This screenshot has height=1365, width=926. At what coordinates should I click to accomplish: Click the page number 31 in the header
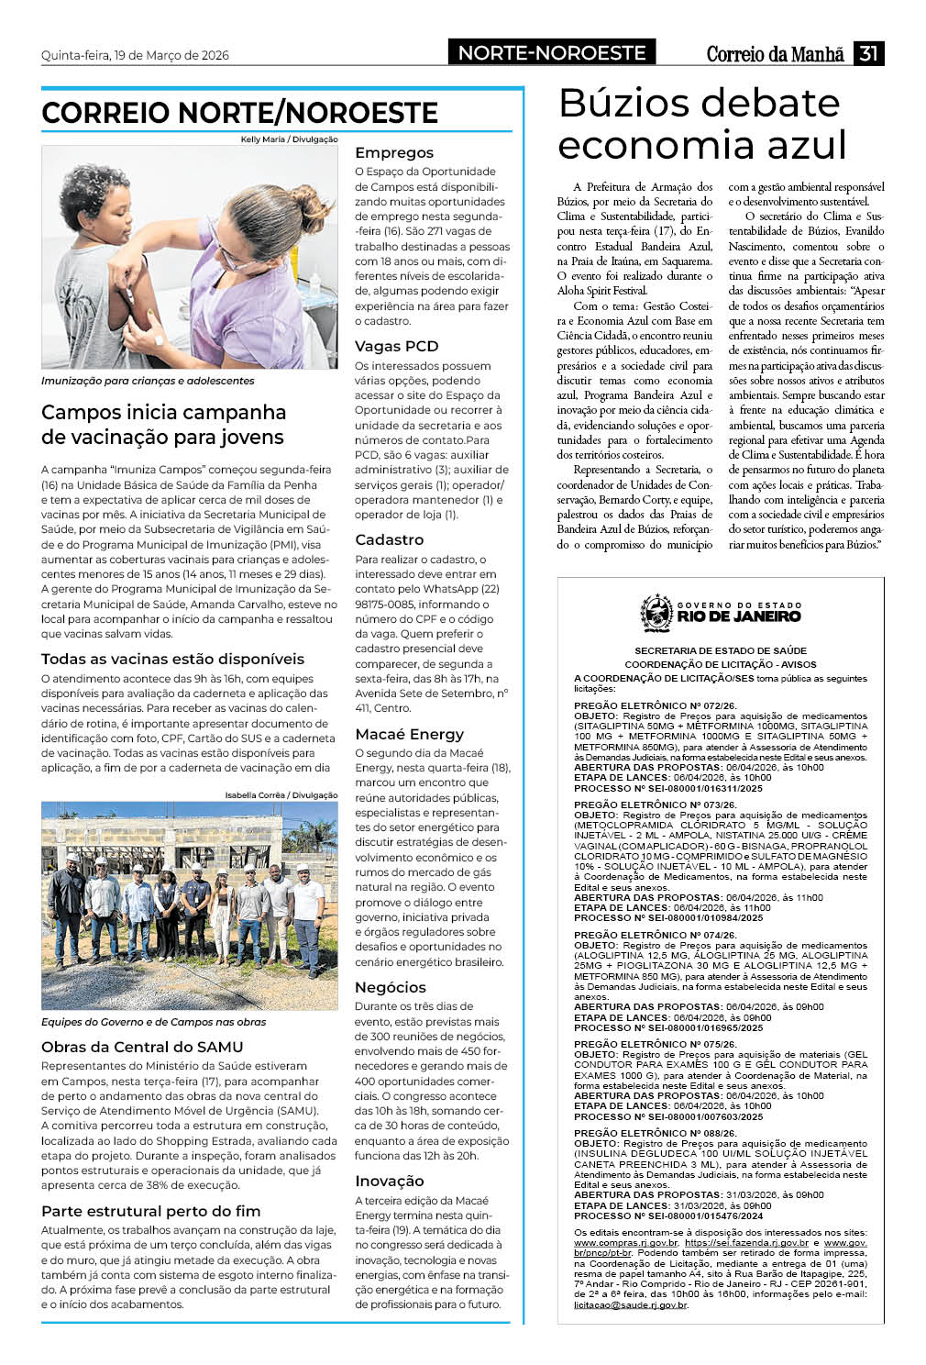point(868,54)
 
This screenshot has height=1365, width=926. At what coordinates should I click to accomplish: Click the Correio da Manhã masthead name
point(775,55)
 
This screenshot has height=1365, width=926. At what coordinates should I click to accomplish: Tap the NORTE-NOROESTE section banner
point(552,53)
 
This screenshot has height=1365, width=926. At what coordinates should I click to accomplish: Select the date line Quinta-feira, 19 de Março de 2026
point(135,55)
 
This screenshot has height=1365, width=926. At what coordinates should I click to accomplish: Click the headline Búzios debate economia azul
point(702,124)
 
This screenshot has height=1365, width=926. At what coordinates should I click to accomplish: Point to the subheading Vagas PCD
point(396,346)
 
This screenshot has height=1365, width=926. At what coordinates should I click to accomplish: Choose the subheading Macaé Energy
point(409,734)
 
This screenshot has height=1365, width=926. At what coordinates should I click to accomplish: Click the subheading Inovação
point(389,1181)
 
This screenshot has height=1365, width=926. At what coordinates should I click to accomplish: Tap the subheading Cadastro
point(389,539)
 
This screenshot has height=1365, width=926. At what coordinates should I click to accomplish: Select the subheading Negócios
point(391,987)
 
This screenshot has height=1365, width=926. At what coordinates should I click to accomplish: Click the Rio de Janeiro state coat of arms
point(656,613)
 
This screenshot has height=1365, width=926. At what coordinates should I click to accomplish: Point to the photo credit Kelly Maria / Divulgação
point(289,139)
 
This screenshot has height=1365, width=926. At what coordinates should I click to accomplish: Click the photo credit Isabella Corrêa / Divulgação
point(281,794)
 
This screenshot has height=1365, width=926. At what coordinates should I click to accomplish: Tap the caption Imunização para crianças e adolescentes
point(148,381)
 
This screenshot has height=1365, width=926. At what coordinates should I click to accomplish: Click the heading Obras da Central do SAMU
point(142,1047)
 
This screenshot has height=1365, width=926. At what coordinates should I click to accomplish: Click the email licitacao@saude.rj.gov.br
point(630,1304)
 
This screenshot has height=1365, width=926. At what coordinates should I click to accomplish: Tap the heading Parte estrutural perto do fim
point(150,1211)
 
